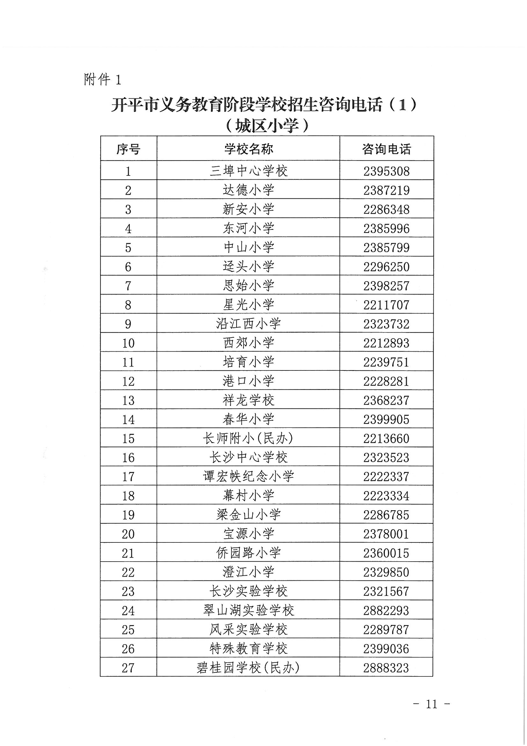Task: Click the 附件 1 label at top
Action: click(102, 79)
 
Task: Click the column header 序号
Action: click(128, 149)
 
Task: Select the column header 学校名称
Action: click(248, 149)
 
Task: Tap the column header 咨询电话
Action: click(386, 149)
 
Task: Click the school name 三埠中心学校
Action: click(248, 171)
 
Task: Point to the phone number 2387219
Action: click(386, 190)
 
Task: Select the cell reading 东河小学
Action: click(248, 228)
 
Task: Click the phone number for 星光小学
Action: click(386, 305)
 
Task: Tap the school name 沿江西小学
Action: click(248, 324)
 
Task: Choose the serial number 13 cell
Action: click(128, 400)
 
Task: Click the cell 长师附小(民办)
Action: click(248, 438)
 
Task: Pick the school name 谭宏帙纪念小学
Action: click(248, 477)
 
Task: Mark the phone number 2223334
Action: click(386, 496)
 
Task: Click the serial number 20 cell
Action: click(128, 534)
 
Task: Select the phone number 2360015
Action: click(386, 553)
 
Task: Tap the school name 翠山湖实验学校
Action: click(248, 610)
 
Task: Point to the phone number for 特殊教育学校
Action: click(386, 649)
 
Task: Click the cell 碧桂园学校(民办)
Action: click(248, 668)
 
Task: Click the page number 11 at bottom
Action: click(431, 704)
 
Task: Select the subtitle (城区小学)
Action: click(266, 126)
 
